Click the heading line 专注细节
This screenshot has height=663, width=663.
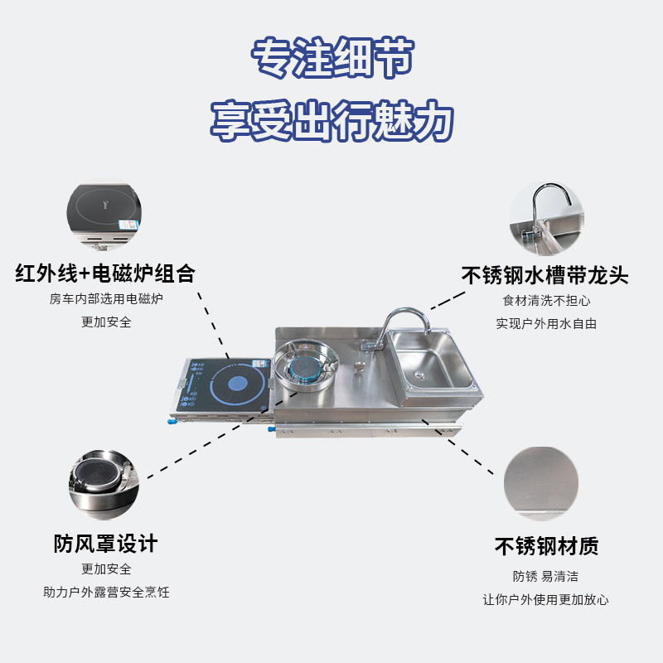(x=331, y=59)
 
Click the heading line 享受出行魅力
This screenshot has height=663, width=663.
(x=331, y=121)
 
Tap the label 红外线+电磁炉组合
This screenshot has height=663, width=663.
(x=105, y=273)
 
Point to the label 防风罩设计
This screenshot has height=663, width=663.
(x=105, y=544)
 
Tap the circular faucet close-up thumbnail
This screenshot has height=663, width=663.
(x=544, y=217)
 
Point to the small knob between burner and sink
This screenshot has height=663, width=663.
(x=359, y=367)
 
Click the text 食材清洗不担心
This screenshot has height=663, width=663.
(x=546, y=301)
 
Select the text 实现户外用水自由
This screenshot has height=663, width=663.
(x=546, y=324)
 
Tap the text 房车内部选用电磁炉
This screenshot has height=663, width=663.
(x=105, y=298)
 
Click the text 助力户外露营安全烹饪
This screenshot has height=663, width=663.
(x=105, y=593)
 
